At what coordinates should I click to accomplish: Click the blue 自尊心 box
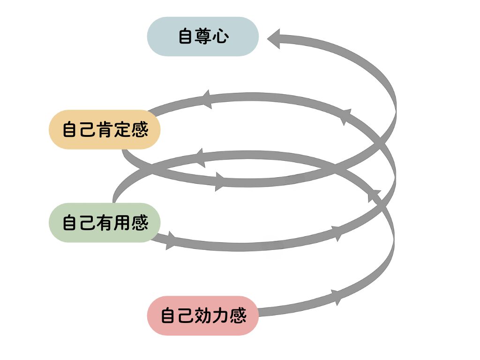[203, 37]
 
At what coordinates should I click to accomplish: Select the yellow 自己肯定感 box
[105, 130]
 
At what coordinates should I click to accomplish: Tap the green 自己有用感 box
[105, 223]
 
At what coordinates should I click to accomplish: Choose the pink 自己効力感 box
[203, 315]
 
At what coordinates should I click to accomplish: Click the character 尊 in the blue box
[203, 37]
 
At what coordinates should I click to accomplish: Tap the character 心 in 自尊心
[220, 37]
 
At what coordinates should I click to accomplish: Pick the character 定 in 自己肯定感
[122, 130]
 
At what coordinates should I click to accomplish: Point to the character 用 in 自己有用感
[122, 223]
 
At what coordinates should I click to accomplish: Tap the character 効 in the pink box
[203, 315]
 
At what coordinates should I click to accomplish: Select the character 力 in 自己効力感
[220, 315]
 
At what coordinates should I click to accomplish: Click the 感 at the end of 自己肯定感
[140, 130]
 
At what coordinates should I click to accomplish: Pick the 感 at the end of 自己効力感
[238, 315]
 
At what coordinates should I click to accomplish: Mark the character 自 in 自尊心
[186, 37]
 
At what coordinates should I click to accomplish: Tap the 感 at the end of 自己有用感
[140, 223]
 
